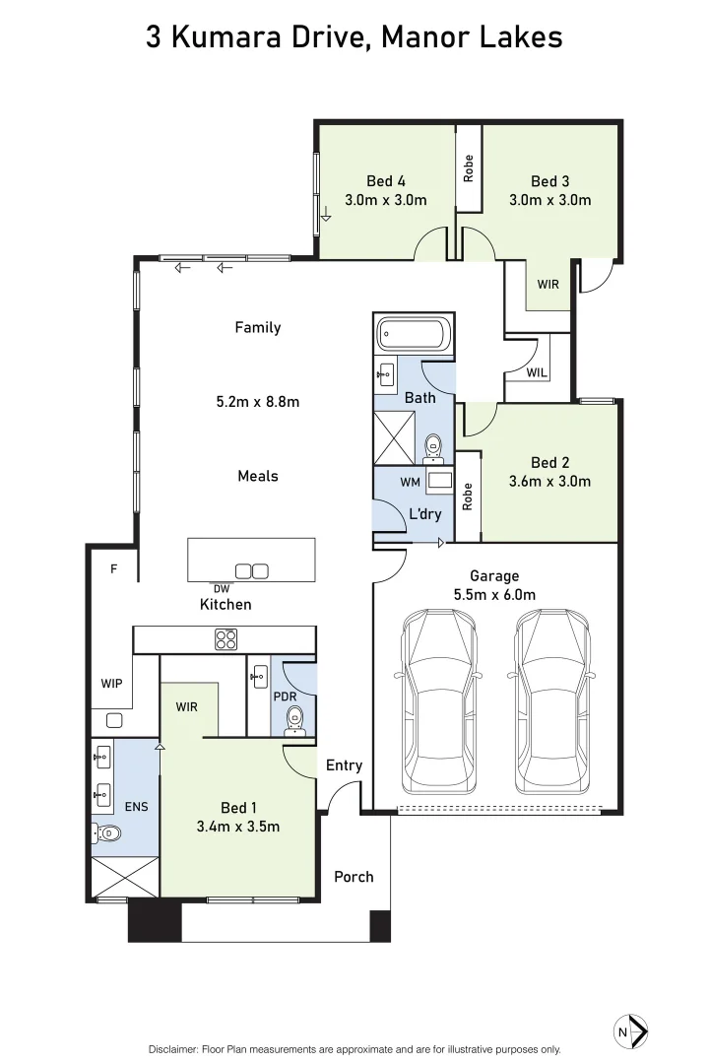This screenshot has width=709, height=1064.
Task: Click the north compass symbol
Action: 629,1031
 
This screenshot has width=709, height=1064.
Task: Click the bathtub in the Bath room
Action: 415,335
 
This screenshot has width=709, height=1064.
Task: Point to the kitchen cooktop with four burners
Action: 226,638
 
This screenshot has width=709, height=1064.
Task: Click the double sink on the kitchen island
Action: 251,570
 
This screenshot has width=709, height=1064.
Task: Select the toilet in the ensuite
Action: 106,833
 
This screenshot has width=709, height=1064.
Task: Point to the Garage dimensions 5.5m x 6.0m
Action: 494,594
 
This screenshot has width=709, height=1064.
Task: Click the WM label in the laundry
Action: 410,482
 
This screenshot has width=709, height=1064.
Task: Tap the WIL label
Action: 537,372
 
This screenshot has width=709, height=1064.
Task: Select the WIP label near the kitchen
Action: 110,683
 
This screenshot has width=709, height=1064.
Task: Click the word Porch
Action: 354,876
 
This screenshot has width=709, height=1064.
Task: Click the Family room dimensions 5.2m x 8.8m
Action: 257,401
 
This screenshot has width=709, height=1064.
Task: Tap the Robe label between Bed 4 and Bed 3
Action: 469,167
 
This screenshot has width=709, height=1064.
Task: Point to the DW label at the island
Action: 222,588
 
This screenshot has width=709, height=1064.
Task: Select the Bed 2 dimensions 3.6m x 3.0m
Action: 549,482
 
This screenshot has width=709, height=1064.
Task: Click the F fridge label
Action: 114,568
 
